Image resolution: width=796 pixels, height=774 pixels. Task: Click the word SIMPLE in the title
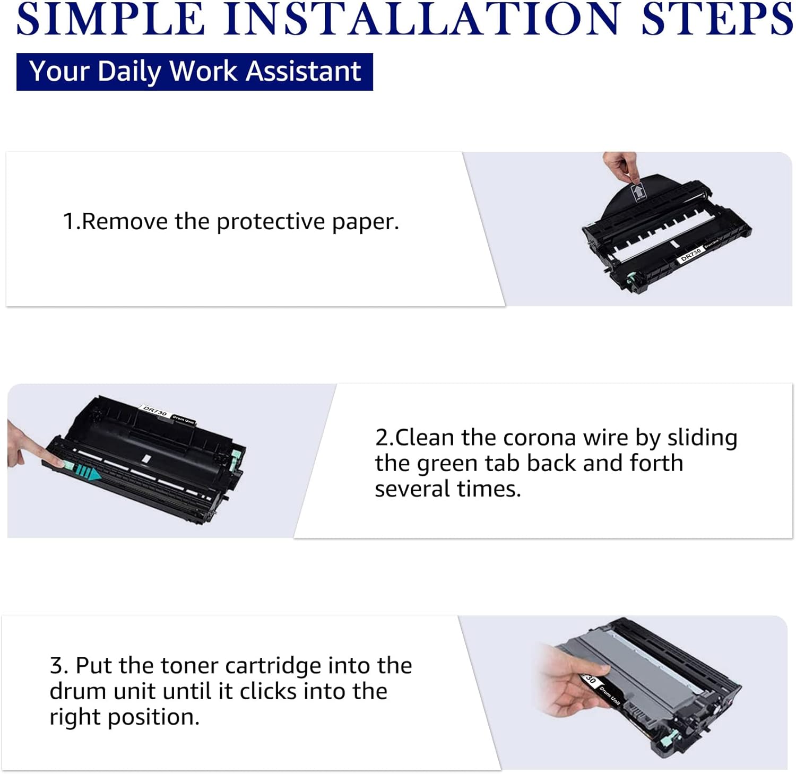(110, 19)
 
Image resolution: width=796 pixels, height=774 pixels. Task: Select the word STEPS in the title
(717, 19)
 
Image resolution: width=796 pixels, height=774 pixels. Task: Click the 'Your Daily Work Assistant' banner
(195, 72)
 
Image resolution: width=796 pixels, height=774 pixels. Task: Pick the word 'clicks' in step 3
(270, 691)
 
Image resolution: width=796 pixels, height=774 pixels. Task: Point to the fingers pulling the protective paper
(620, 166)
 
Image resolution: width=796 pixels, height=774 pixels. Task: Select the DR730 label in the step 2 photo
(155, 411)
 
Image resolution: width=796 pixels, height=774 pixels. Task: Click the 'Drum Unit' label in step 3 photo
(609, 695)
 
